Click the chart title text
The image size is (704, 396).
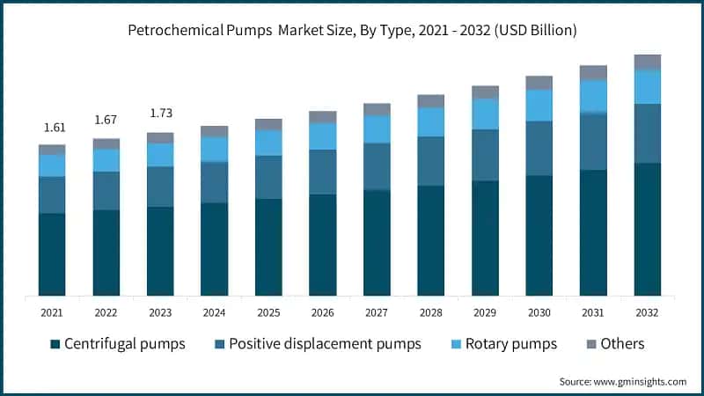pos(352,31)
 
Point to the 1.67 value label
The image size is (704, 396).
pos(106,120)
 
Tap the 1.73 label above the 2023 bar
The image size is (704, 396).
pos(160,114)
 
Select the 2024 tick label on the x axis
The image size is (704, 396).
pos(214,312)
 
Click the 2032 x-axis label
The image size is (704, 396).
pos(647,312)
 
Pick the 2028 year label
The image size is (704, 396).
pos(430,312)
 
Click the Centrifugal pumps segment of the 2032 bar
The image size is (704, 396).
pos(647,229)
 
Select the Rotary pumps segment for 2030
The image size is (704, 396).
pos(539,105)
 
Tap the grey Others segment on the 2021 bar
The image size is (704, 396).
pos(52,150)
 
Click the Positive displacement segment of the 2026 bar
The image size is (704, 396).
pos(322,172)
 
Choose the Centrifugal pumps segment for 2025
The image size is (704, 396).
pos(268,246)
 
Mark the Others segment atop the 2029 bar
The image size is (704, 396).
pos(485,92)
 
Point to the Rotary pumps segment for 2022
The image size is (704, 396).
pos(106,160)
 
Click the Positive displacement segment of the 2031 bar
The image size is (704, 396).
pos(593,141)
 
